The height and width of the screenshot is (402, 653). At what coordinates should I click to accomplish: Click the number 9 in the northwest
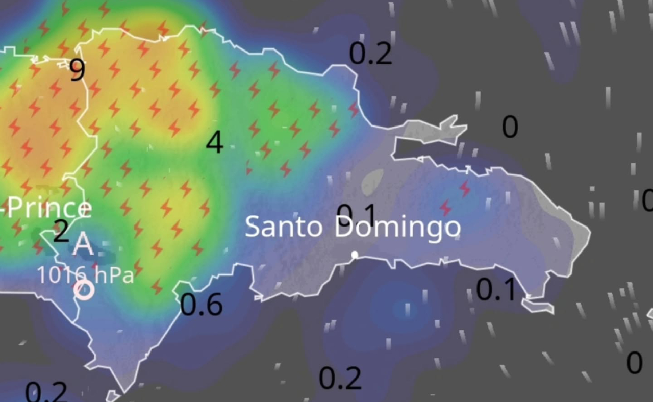77,70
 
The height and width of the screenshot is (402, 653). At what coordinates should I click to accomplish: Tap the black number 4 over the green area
215,142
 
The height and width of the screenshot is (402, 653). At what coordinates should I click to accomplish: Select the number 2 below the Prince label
61,232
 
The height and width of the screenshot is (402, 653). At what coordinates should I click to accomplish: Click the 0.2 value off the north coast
371,54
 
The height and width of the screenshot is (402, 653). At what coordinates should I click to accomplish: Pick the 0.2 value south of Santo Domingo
340,379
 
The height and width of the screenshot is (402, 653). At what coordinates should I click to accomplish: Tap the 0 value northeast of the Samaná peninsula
510,127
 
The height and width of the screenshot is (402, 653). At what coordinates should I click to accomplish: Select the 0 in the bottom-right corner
634,363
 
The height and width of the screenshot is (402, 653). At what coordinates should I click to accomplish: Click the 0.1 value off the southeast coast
496,290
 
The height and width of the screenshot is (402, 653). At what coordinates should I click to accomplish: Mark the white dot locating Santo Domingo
355,255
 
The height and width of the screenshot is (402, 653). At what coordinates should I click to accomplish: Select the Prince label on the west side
49,209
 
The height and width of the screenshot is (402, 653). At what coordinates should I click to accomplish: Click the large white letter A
83,245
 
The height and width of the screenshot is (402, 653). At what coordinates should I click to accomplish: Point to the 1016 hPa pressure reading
85,275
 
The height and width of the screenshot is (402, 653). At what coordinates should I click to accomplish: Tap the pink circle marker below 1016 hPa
84,290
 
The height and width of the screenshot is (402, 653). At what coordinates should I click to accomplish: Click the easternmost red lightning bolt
464,188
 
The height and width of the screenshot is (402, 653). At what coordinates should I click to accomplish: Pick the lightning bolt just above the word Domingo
445,208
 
